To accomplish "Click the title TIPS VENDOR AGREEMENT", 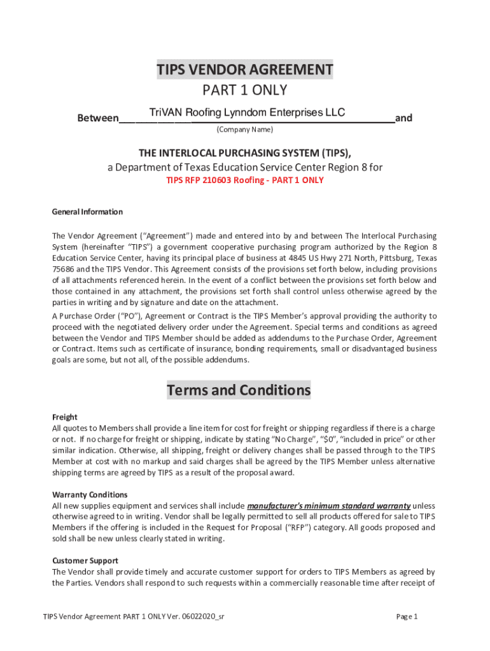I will pos(245,69).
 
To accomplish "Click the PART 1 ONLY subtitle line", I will pos(245,90).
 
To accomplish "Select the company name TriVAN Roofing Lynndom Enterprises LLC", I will pos(247,113).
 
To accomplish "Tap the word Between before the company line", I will pos(97,118).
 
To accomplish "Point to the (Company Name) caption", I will pos(245,130).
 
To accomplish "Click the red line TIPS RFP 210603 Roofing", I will pos(245,181).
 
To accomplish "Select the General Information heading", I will pos(87,212).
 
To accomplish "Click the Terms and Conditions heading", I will pos(239,390).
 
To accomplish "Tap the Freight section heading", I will pos(64,417).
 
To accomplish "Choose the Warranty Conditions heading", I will pos(90,495).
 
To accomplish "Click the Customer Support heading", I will pos(85,561).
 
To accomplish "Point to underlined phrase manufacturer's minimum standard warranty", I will pos(328,505).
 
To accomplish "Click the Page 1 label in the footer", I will pos(407,616).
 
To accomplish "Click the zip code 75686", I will pos(63,269).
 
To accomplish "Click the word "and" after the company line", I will pos(403,118).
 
